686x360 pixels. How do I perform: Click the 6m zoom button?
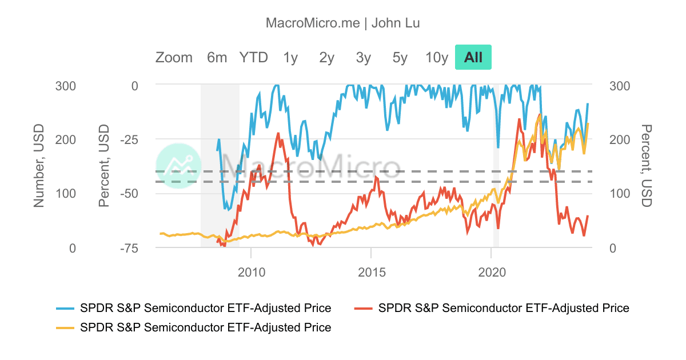coord(217,57)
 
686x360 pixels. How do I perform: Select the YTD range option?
coord(253,57)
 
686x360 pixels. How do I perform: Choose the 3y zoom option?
coord(363,57)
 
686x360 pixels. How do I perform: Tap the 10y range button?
coord(437,57)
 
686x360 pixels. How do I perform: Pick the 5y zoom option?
coord(400,57)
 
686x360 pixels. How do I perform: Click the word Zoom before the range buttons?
coord(174,57)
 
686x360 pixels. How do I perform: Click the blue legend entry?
coord(194,308)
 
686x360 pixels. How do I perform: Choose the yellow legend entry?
coord(194,327)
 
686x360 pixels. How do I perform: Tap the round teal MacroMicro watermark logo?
coord(178,166)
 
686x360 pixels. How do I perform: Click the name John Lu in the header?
coord(396,23)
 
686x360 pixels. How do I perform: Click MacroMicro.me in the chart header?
coord(313,23)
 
